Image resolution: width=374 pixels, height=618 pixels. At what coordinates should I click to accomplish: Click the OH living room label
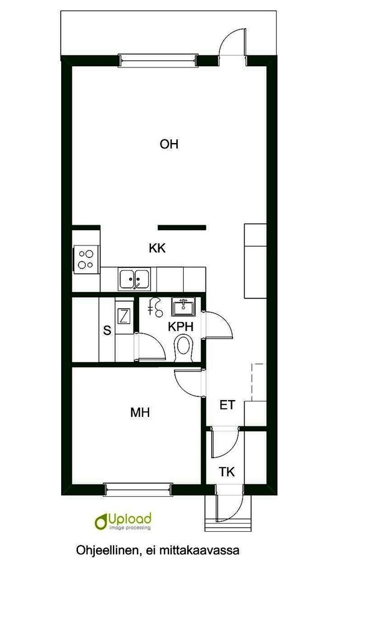[169, 144]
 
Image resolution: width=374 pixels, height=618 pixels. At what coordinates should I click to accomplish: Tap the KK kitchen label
[157, 248]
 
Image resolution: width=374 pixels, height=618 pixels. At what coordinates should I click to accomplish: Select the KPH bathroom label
[181, 326]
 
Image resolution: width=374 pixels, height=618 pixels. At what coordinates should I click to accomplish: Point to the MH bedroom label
[140, 413]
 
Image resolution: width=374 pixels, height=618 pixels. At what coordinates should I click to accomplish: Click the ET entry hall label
[227, 405]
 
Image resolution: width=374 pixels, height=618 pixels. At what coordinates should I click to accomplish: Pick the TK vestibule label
[227, 472]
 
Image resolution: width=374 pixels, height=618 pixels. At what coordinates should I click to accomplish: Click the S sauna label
[107, 330]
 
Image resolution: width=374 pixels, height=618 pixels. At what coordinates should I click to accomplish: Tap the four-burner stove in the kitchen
[86, 259]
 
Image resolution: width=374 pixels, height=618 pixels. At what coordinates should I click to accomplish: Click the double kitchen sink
[134, 279]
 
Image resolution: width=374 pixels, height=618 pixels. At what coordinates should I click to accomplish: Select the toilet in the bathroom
[183, 348]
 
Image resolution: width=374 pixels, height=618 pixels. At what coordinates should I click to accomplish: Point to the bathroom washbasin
[183, 307]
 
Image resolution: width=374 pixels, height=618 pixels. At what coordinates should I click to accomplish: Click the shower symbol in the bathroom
[155, 307]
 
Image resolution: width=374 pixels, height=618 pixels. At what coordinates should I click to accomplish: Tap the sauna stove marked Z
[124, 316]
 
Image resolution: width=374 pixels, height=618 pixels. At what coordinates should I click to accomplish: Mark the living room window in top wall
[158, 61]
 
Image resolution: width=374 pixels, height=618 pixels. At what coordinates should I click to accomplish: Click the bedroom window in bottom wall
[138, 490]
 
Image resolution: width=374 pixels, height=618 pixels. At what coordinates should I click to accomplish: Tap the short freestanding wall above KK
[182, 227]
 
